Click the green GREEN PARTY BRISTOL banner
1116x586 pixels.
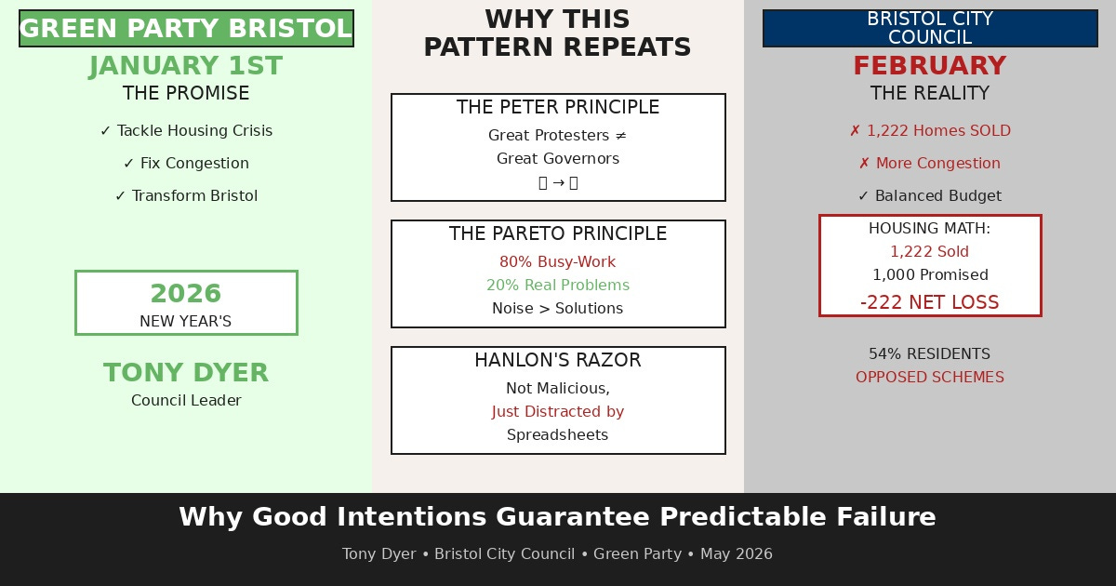tap(186, 29)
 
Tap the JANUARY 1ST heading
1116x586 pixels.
tap(186, 66)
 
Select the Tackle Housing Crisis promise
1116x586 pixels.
tap(186, 131)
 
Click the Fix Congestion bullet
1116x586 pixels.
tap(186, 164)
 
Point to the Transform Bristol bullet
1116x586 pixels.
tap(186, 196)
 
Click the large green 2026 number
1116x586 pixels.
tap(186, 294)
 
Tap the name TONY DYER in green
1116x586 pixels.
tap(186, 373)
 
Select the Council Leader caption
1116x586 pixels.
tap(186, 401)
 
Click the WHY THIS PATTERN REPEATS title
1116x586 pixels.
tap(557, 33)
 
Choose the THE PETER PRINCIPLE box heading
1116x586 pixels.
tap(557, 108)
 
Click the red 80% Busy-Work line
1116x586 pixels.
tap(557, 262)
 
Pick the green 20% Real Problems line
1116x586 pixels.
tap(557, 286)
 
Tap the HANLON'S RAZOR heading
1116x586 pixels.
tap(557, 361)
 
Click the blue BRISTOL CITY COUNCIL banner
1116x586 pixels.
tap(930, 29)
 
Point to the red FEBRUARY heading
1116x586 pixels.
tap(930, 66)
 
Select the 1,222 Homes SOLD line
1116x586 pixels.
tap(930, 131)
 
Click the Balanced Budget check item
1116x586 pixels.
tap(930, 196)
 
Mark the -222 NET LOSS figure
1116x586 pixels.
tap(930, 302)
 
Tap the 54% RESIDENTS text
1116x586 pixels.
tap(930, 354)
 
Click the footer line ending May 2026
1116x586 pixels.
tap(557, 554)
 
